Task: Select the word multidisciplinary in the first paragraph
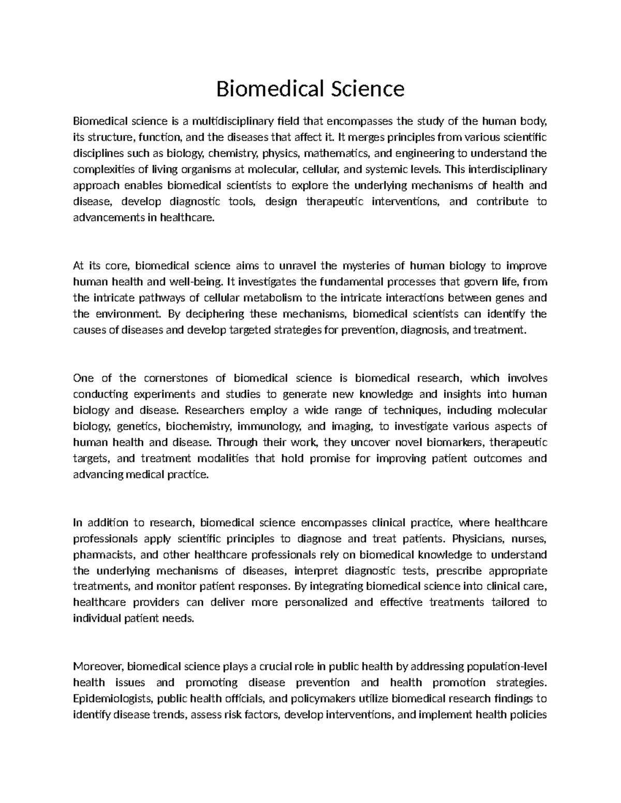pyautogui.click(x=232, y=122)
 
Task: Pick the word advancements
pyautogui.click(x=108, y=218)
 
